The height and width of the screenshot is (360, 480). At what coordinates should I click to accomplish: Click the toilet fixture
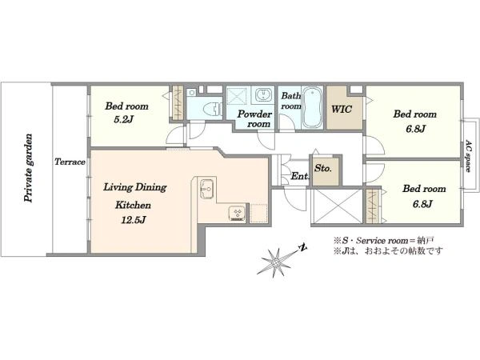(213, 109)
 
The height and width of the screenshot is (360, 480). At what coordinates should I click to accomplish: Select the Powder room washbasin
(262, 94)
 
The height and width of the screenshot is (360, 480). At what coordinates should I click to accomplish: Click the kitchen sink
(207, 189)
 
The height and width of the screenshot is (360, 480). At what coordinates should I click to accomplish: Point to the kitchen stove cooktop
(237, 214)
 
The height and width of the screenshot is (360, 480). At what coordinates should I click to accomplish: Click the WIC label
(342, 109)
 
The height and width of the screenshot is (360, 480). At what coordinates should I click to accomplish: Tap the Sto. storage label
(323, 168)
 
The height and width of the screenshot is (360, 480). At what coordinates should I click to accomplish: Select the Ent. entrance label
(300, 176)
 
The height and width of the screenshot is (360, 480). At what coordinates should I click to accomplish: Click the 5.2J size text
(124, 120)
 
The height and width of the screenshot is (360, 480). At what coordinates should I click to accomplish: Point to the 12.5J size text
(133, 220)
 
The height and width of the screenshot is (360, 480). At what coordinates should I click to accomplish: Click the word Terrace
(70, 162)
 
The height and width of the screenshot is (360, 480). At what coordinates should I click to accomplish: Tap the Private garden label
(29, 168)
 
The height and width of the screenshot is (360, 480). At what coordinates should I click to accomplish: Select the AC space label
(468, 156)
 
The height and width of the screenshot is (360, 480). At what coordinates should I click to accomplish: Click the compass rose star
(275, 262)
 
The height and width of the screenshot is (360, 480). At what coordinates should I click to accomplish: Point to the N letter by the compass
(302, 248)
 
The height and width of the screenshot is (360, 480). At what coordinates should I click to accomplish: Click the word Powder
(254, 114)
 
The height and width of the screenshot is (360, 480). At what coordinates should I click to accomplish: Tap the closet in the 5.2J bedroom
(178, 103)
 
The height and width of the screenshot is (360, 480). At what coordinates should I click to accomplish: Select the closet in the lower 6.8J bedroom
(372, 206)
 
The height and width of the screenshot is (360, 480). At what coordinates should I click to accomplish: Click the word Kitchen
(133, 205)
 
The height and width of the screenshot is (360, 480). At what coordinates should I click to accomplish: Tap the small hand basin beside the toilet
(192, 92)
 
